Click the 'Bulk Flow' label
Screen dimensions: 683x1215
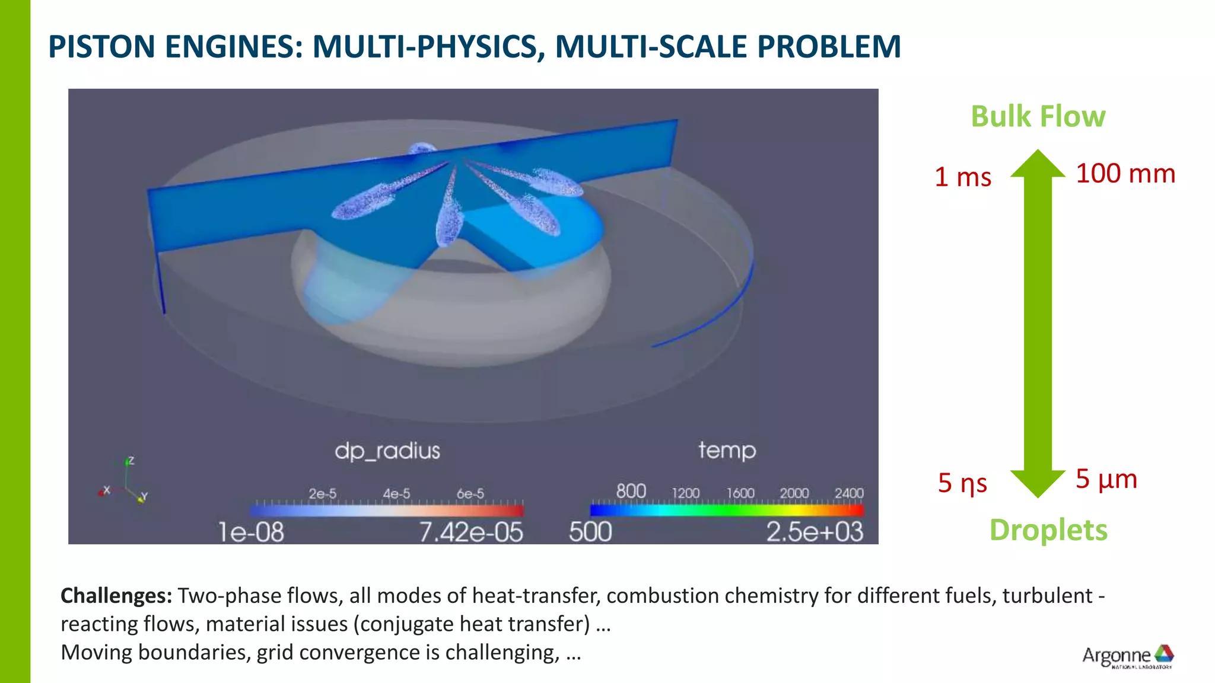tap(1038, 116)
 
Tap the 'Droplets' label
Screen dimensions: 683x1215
tap(1048, 529)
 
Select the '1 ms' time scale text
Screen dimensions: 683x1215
tap(963, 177)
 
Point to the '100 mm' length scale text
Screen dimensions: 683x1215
tap(1125, 174)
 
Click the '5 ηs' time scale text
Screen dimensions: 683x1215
tap(962, 483)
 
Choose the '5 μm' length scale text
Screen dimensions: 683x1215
tap(1106, 479)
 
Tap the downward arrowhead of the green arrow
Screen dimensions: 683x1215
tap(1038, 483)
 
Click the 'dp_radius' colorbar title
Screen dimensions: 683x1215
tap(387, 451)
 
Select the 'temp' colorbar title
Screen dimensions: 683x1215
tap(727, 451)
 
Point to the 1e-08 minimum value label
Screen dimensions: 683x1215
tap(251, 532)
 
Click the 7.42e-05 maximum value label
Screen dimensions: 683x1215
tap(471, 532)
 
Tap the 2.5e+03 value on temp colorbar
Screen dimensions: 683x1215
tap(814, 532)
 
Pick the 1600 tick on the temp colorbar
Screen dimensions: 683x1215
tap(740, 493)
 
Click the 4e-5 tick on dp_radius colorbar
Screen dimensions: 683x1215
tap(396, 494)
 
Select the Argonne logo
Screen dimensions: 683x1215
tap(1128, 656)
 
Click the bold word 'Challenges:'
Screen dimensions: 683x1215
tap(116, 595)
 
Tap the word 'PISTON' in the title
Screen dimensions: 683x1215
tap(102, 47)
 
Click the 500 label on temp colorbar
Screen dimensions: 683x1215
tap(590, 532)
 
